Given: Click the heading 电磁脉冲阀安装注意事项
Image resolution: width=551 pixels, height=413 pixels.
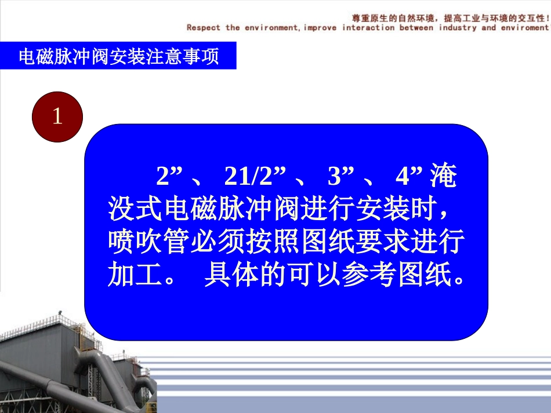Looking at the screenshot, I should tap(118, 57).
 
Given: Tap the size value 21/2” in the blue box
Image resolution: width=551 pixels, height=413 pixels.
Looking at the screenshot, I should tap(256, 177).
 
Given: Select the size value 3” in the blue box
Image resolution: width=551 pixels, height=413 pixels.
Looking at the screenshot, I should tap(341, 177).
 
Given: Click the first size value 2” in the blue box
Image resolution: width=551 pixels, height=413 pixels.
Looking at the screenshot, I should tap(169, 177).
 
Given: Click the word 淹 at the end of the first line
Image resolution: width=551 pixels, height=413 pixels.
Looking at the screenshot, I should tap(443, 177).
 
